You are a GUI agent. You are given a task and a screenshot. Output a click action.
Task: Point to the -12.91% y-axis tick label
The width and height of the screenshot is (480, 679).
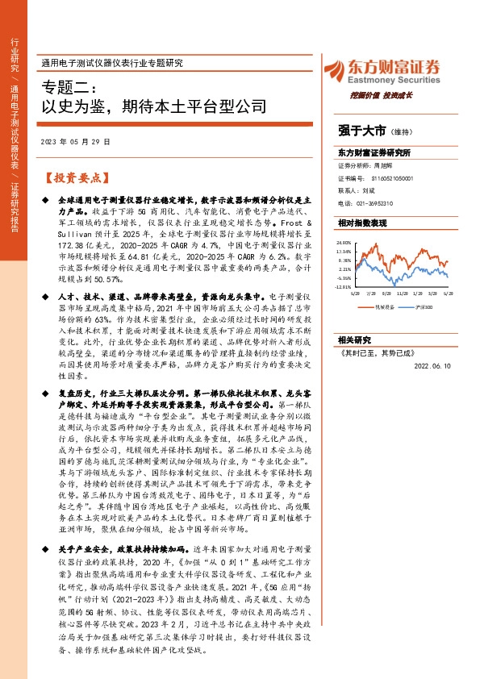pos(344,286)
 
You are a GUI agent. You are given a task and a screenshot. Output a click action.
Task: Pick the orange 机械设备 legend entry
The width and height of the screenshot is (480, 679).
pos(383,307)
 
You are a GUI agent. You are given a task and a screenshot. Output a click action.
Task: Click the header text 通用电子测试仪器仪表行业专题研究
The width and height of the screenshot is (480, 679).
pos(112,63)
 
